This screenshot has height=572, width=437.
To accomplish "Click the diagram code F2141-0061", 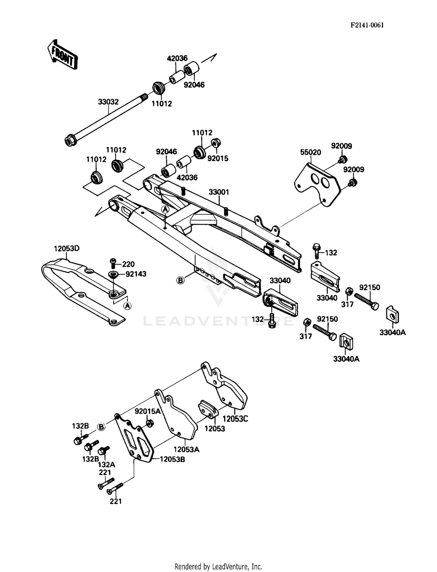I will click(x=367, y=25).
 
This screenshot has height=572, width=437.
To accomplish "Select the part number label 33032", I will click(x=108, y=102).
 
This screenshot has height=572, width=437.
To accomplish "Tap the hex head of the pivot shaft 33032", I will click(x=69, y=141).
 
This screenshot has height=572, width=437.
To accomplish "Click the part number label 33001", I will click(x=219, y=192).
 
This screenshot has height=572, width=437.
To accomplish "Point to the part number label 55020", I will click(x=311, y=152).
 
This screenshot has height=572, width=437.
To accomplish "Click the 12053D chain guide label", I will click(x=66, y=249).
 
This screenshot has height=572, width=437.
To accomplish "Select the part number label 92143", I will click(x=136, y=274).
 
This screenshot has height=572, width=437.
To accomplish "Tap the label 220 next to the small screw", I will click(x=128, y=264).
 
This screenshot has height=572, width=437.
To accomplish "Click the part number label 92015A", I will click(x=147, y=411).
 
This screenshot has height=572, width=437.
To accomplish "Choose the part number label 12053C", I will click(x=235, y=419).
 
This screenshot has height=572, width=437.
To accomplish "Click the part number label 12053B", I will click(x=172, y=459).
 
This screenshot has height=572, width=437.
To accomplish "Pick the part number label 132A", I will click(x=106, y=464).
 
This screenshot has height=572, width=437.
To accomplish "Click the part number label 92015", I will click(x=218, y=158).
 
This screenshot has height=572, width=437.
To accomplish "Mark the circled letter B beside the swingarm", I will click(x=181, y=280).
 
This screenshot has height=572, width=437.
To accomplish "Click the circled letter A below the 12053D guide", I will click(x=127, y=306).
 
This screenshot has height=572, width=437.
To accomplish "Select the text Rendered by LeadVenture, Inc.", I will click(x=218, y=566).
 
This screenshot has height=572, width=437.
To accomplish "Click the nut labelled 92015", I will click(x=216, y=143).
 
